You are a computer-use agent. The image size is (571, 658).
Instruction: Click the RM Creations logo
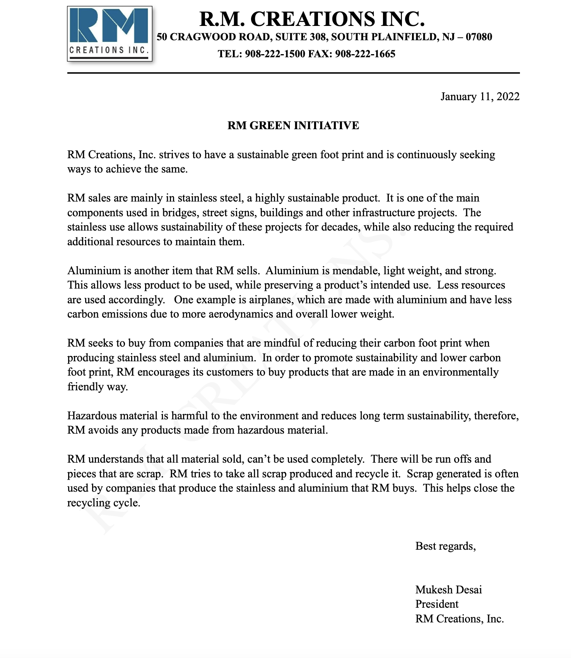109,34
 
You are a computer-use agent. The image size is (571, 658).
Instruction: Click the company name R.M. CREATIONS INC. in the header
312,19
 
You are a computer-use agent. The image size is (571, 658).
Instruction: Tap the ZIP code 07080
479,37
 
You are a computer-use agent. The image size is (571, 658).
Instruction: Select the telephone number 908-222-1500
275,54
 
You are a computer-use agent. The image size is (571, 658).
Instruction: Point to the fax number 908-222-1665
365,54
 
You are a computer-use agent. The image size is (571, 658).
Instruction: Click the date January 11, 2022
480,96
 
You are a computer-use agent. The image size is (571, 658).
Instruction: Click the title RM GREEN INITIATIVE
293,125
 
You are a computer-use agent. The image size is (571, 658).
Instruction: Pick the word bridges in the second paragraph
179,213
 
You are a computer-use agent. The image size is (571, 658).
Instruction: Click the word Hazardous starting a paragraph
92,416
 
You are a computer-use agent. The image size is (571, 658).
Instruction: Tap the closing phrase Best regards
445,546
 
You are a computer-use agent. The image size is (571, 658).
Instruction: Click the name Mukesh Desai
448,590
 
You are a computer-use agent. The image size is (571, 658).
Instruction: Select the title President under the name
437,604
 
